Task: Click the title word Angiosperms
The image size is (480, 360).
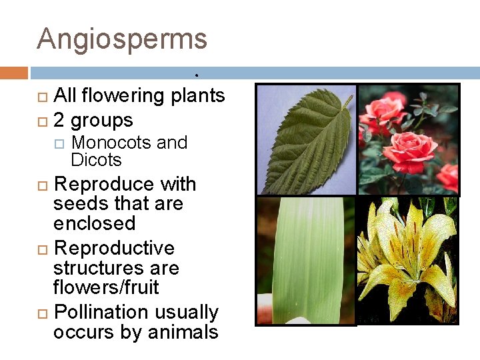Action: [x=122, y=39]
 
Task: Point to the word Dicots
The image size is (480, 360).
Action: [x=96, y=160]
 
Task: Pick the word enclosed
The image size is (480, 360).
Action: [x=94, y=223]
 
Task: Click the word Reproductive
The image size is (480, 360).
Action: [x=114, y=249]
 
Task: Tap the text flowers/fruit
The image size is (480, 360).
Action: [x=106, y=287]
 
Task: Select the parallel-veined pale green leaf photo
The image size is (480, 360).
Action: [x=306, y=260]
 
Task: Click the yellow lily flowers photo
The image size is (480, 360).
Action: [x=408, y=260]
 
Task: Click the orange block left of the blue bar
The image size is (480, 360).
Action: [x=14, y=73]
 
